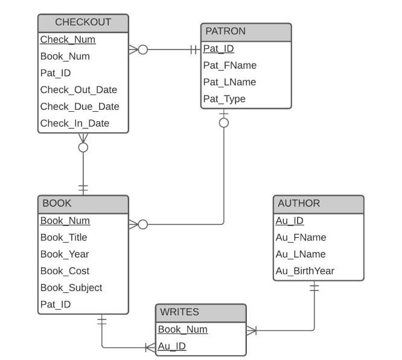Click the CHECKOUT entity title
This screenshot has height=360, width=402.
[83, 22]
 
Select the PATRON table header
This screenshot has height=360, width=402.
[225, 31]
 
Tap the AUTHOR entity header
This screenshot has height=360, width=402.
[299, 204]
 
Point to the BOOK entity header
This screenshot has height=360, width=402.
[56, 204]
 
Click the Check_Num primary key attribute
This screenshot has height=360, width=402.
[68, 40]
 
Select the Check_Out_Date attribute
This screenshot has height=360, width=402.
[78, 90]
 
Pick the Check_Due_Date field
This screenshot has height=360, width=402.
[80, 107]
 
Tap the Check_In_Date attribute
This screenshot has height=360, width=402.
[75, 124]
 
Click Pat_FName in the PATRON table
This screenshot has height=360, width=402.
[229, 66]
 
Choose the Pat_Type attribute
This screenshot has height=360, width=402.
[224, 99]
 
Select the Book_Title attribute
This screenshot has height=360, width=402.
[63, 238]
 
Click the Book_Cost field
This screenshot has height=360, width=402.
[65, 271]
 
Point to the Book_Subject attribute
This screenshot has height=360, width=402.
[71, 288]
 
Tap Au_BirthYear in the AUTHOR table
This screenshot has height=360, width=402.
[305, 271]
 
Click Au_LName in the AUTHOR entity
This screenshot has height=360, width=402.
[301, 254]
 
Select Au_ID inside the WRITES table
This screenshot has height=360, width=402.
[171, 347]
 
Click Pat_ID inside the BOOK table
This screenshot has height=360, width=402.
[56, 304]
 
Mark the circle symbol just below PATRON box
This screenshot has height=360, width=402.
[224, 123]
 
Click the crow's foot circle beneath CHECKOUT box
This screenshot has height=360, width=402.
[83, 147]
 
